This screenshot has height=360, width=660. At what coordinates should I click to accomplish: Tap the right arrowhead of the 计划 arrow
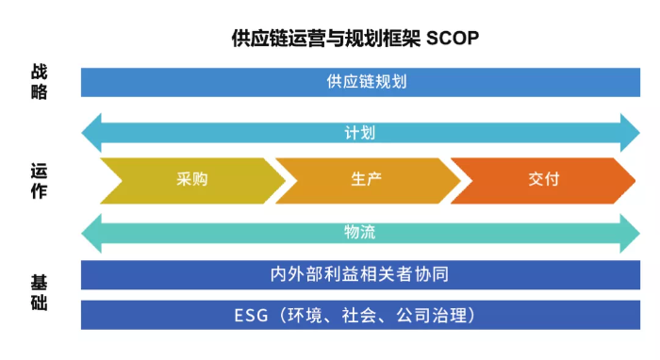(629, 133)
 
